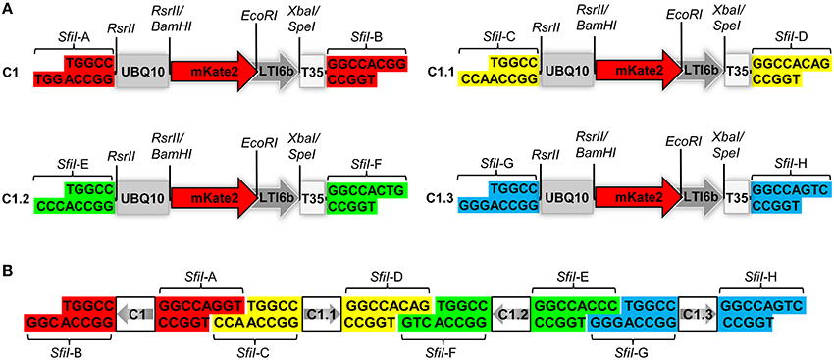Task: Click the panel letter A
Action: click(x=9, y=9)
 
